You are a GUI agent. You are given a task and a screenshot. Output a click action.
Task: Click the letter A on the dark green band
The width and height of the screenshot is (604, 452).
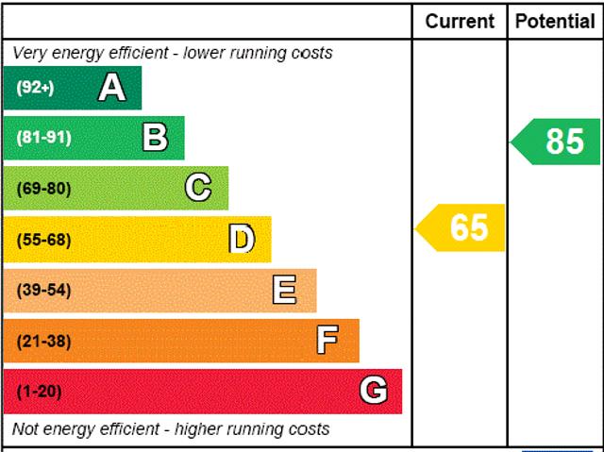coord(111,88)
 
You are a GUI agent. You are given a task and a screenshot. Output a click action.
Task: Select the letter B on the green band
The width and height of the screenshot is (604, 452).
coord(155,138)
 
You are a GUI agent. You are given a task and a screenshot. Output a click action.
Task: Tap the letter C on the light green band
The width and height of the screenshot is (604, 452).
coord(198,188)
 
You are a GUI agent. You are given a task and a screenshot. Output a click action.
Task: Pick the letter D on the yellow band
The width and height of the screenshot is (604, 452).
coord(243,240)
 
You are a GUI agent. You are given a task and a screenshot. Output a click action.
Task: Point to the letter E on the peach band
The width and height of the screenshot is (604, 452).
coord(284,290)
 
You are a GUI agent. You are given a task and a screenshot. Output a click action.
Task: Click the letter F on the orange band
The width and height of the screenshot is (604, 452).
coord(327,341)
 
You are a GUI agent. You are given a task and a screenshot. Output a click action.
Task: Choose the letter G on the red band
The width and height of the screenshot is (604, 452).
coord(374,391)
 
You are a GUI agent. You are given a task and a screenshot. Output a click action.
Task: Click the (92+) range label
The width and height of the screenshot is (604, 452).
coord(35,88)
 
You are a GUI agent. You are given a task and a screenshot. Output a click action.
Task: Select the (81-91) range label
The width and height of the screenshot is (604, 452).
coord(43,138)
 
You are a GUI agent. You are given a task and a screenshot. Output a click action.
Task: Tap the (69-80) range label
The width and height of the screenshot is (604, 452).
coord(43,189)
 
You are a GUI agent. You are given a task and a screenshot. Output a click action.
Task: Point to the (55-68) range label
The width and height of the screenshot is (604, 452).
coord(43,240)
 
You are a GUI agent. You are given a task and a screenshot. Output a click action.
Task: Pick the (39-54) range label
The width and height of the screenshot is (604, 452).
coord(43,290)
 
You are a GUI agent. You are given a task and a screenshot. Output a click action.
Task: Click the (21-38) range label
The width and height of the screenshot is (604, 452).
coord(43,341)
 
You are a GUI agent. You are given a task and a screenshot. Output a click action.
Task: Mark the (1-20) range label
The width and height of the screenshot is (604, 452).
coord(39,392)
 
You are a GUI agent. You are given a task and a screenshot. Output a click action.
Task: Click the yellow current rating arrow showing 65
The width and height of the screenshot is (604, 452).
coord(462,227)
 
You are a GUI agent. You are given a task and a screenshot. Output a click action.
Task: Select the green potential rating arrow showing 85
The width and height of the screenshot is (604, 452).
coord(557,142)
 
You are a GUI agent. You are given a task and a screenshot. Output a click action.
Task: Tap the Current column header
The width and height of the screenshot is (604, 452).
coord(460,21)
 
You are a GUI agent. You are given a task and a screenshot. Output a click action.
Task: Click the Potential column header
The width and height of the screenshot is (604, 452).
coord(555,21)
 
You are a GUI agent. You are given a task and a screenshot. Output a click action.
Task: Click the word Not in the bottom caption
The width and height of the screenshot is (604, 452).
coord(27,429)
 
